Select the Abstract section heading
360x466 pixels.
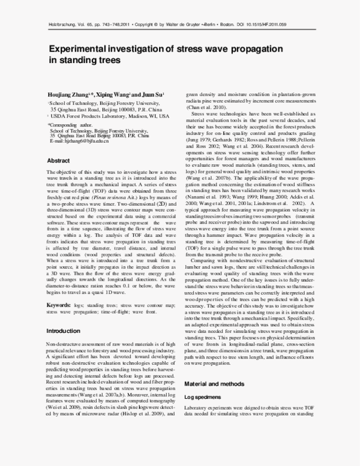pyautogui.click(x=59, y=161)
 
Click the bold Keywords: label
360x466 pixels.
pyautogui.click(x=61, y=305)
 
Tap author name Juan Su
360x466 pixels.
pyautogui.click(x=151, y=95)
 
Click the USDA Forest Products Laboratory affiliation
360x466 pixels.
pyautogui.click(x=99, y=116)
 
